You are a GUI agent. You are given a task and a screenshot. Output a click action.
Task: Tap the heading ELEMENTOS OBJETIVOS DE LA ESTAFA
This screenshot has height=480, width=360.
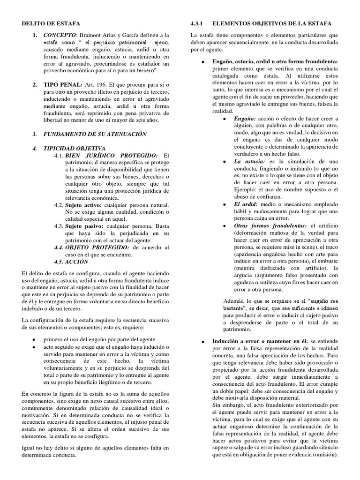[x=272, y=23]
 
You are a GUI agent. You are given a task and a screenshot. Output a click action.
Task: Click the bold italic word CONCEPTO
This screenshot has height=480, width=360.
[x=60, y=35]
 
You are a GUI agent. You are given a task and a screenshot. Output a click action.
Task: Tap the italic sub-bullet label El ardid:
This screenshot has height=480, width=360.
[x=245, y=204]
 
